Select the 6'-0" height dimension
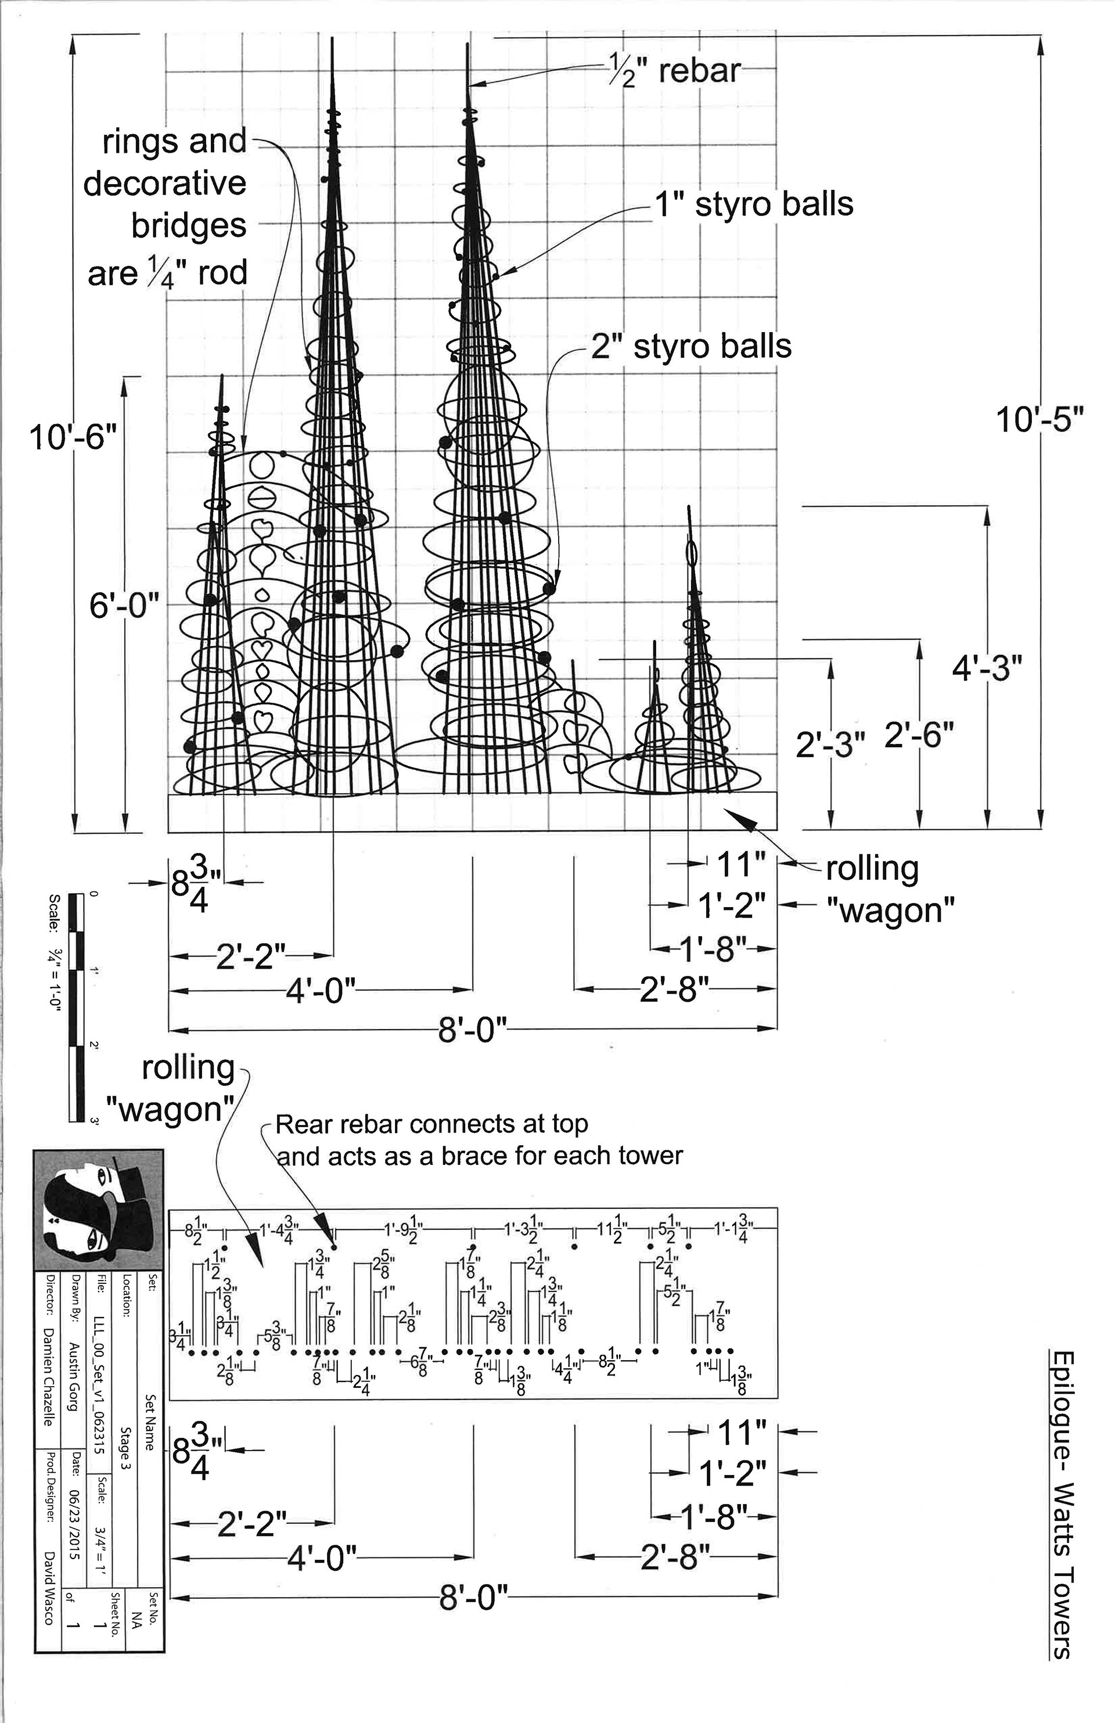click(x=124, y=605)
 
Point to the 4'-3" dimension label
click(x=987, y=670)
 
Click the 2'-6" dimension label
click(x=919, y=736)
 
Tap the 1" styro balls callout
click(x=754, y=205)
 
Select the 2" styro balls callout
click(x=692, y=347)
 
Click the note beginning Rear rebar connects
click(x=478, y=1138)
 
